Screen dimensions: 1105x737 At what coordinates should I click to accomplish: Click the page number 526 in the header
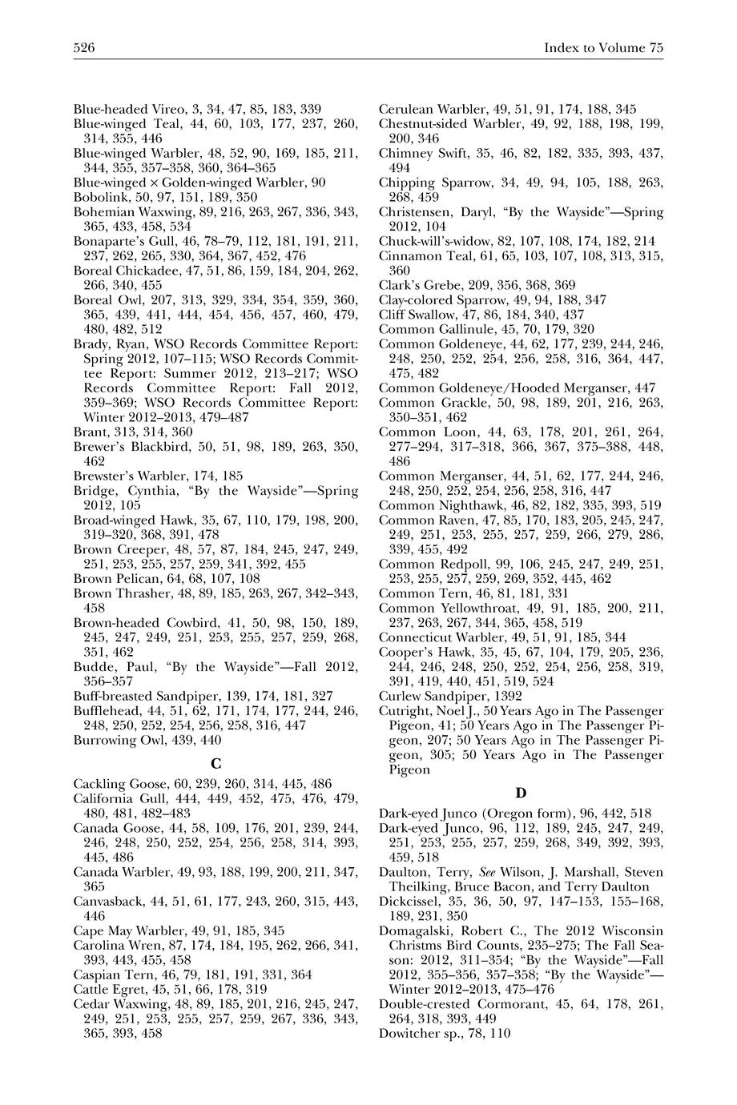pyautogui.click(x=84, y=48)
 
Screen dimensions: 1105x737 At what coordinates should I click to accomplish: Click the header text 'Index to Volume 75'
pyautogui.click(x=603, y=48)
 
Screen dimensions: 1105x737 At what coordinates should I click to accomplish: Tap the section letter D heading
pyautogui.click(x=521, y=793)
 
